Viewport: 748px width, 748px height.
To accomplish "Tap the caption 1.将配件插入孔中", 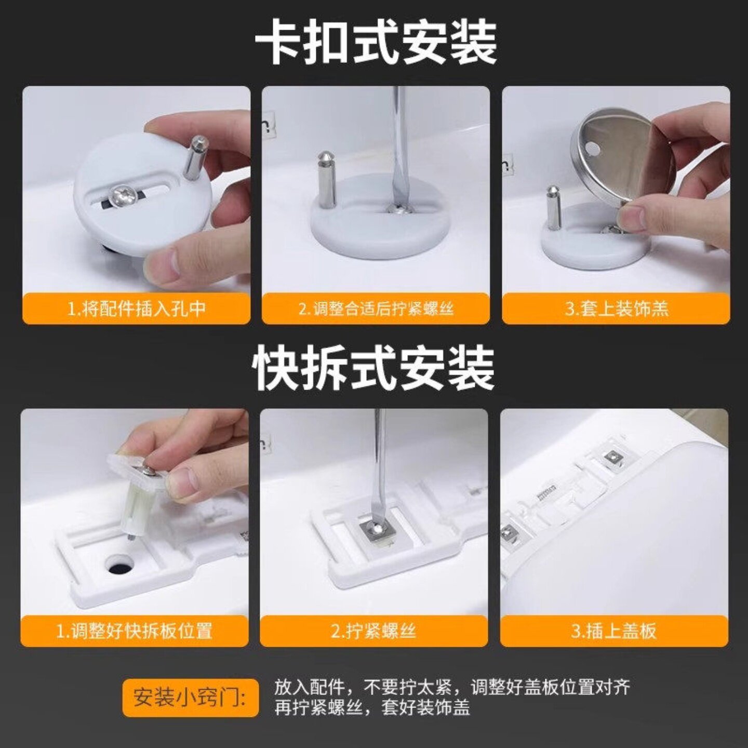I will coord(137,309).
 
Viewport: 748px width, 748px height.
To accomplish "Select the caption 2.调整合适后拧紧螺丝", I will coord(376,309).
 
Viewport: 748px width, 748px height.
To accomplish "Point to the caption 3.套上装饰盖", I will coord(616,309).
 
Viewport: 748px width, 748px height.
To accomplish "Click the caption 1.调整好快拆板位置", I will coord(135,631).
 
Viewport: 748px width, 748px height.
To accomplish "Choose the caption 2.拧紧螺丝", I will coord(373,631).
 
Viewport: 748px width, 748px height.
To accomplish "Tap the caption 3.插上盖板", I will coord(614,631).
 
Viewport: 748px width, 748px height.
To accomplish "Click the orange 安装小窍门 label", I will coord(190,697).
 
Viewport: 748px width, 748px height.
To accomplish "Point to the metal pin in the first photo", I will coord(197,156).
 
